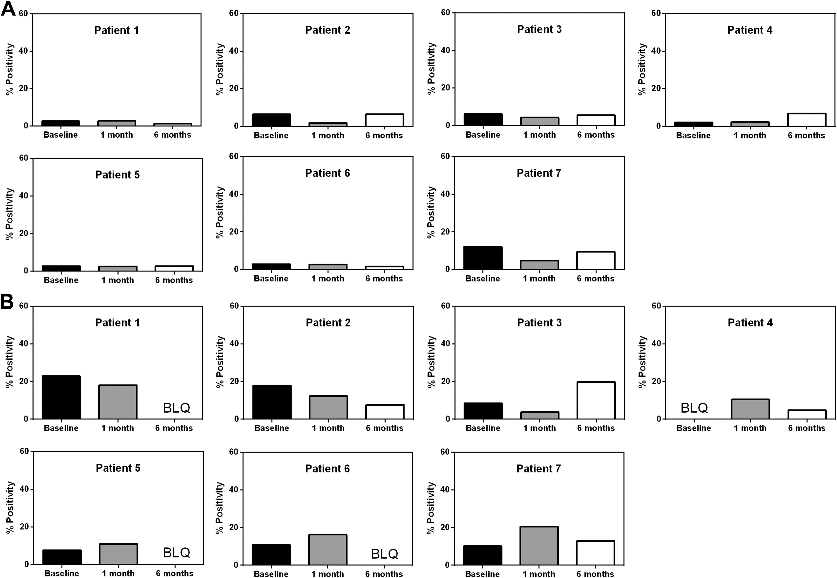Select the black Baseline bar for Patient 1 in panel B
(x=61, y=397)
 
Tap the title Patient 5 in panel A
(x=117, y=174)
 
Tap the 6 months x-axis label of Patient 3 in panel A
(x=596, y=135)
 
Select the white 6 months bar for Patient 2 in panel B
(x=385, y=412)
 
